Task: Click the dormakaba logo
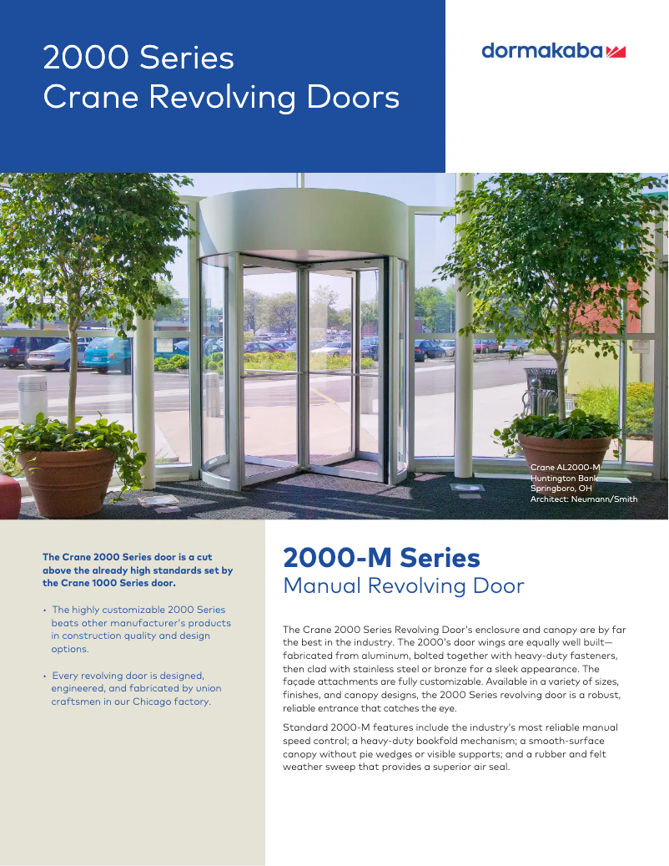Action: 553,51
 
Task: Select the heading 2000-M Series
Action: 381,557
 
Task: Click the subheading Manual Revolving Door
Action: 404,585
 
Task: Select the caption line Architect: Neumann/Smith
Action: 583,499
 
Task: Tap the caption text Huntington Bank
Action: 563,478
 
